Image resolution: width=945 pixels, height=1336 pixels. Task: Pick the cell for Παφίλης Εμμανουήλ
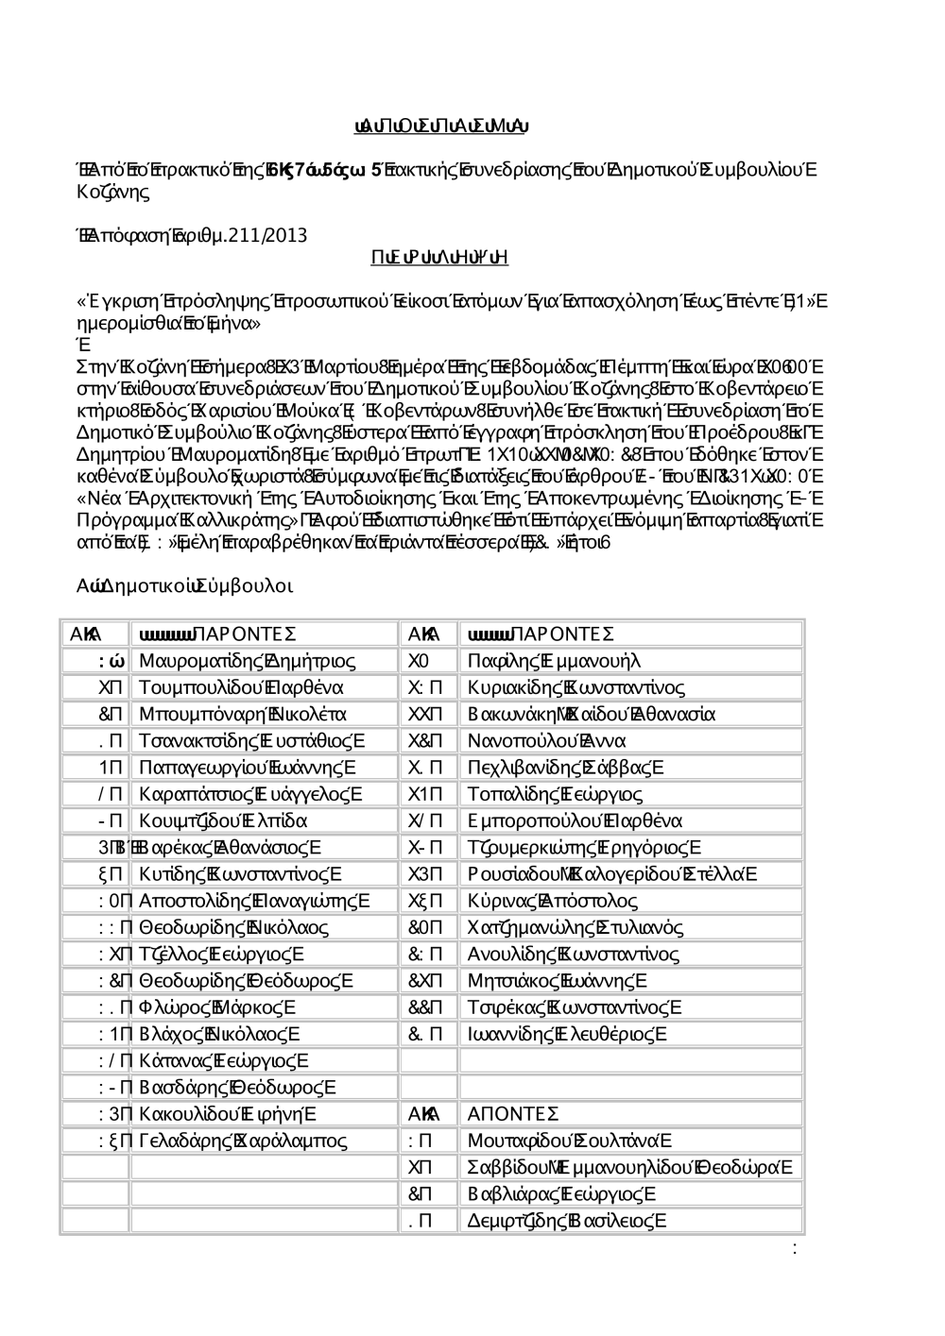[554, 660]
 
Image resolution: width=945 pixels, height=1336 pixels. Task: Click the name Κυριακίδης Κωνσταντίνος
[576, 686]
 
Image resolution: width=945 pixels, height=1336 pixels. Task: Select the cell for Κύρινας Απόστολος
[553, 901]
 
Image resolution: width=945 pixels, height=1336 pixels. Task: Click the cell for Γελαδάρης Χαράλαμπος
[243, 1141]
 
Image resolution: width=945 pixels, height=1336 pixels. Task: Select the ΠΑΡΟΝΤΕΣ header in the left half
[217, 633]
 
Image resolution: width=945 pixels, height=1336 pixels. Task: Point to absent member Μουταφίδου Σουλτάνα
[570, 1141]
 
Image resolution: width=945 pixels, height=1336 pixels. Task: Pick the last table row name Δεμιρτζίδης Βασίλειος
[567, 1221]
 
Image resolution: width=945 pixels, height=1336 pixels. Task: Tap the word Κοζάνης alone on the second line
[112, 193]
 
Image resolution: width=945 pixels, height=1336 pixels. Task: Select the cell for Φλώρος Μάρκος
[217, 1007]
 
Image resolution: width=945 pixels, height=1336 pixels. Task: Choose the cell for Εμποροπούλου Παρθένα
[575, 820]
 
